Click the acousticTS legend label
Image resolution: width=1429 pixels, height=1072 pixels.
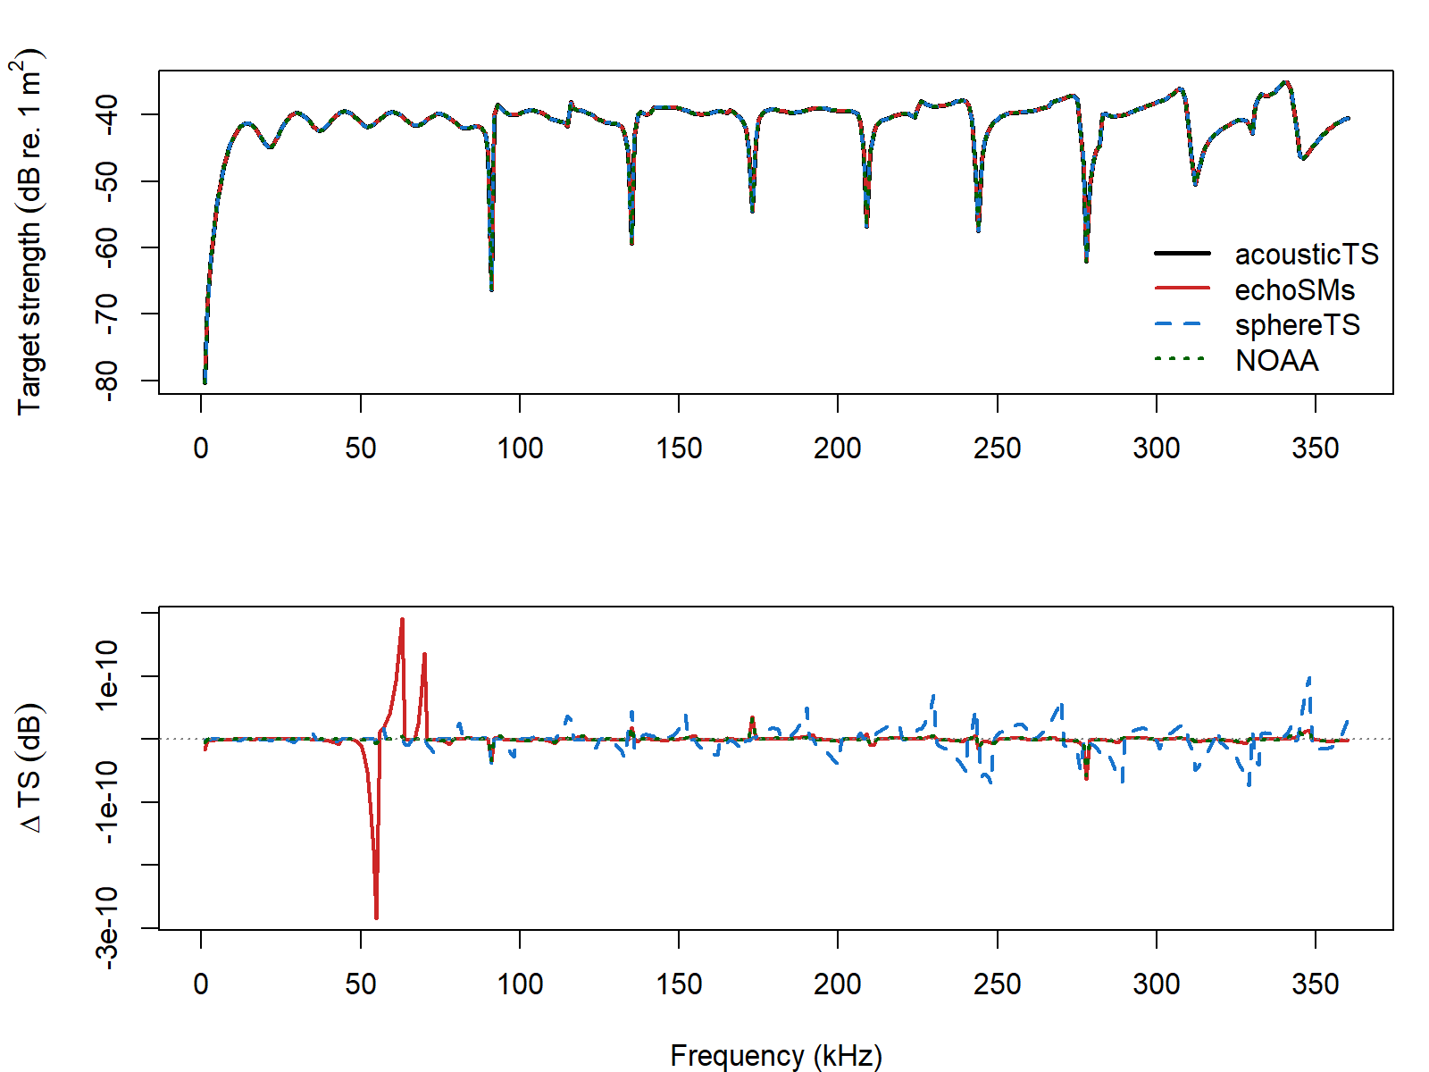(1306, 255)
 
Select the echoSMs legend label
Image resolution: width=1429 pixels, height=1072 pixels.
(1294, 290)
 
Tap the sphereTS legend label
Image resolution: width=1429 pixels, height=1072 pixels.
(1297, 325)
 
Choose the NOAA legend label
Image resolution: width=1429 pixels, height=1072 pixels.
(1276, 361)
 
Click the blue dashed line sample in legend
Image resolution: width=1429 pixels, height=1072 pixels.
(1182, 324)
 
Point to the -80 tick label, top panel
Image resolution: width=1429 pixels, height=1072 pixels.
(106, 381)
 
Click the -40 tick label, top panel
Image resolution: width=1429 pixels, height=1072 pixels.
(106, 114)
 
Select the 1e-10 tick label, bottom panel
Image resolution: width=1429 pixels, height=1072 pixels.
(106, 675)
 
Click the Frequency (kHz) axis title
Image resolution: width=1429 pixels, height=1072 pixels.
(775, 1055)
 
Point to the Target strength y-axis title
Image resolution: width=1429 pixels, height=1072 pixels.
(29, 232)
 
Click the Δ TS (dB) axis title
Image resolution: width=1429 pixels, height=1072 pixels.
(31, 768)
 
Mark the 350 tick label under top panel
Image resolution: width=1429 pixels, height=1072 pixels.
(1315, 448)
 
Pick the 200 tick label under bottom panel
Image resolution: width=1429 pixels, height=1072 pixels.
(837, 984)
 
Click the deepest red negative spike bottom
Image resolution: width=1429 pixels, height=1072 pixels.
(376, 917)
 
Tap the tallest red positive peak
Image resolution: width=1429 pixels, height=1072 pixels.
(402, 619)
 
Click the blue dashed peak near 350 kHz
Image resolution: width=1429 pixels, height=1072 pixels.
(1309, 678)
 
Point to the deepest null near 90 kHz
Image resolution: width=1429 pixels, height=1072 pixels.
(491, 289)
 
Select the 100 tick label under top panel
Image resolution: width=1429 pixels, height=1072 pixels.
(519, 448)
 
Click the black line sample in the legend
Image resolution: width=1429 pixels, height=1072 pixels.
(1182, 254)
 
